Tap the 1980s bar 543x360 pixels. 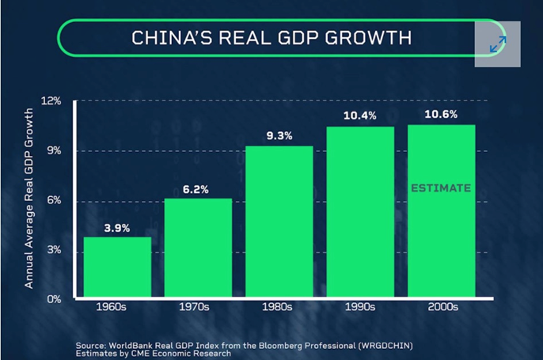point(279,222)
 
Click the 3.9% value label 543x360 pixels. point(117,228)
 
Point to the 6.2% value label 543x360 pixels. point(198,189)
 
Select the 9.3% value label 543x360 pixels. point(279,136)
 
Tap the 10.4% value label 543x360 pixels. point(360,116)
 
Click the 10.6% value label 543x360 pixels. point(442,114)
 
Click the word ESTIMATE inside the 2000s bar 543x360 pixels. point(442,188)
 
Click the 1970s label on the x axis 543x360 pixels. point(198,307)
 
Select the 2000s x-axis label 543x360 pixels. point(442,307)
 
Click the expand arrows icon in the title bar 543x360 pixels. point(498,44)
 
